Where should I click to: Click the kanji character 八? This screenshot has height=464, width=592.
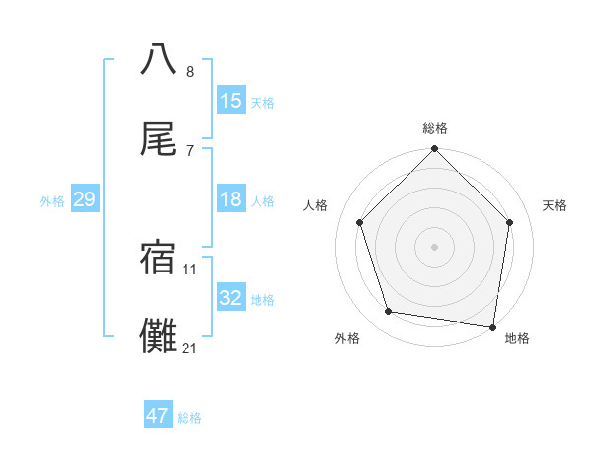pyautogui.click(x=159, y=59)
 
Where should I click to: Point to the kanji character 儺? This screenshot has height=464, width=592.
pyautogui.click(x=159, y=336)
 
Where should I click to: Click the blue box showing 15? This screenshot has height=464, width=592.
pyautogui.click(x=231, y=101)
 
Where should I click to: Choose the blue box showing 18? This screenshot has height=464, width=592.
pyautogui.click(x=231, y=199)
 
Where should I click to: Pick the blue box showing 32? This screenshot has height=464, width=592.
pyautogui.click(x=231, y=298)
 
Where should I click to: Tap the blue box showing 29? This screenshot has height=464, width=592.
pyautogui.click(x=84, y=199)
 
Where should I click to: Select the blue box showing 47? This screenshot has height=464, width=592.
pyautogui.click(x=158, y=416)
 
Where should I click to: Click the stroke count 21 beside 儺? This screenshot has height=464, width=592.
pyautogui.click(x=189, y=348)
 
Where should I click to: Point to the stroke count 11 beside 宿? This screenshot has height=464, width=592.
pyautogui.click(x=189, y=269)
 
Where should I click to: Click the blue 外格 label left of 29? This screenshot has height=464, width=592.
pyautogui.click(x=52, y=200)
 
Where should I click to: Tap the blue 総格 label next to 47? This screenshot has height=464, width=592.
pyautogui.click(x=189, y=417)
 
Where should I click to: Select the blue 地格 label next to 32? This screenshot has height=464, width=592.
pyautogui.click(x=262, y=299)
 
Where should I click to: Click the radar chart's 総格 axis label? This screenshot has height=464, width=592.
pyautogui.click(x=434, y=128)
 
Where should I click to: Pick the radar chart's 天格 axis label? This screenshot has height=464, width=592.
pyautogui.click(x=555, y=205)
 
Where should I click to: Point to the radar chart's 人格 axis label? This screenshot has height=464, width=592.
pyautogui.click(x=315, y=205)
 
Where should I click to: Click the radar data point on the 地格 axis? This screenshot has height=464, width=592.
pyautogui.click(x=492, y=325)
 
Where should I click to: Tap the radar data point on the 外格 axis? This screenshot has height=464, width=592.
pyautogui.click(x=389, y=312)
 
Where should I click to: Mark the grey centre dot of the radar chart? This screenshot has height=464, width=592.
pyautogui.click(x=434, y=246)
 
